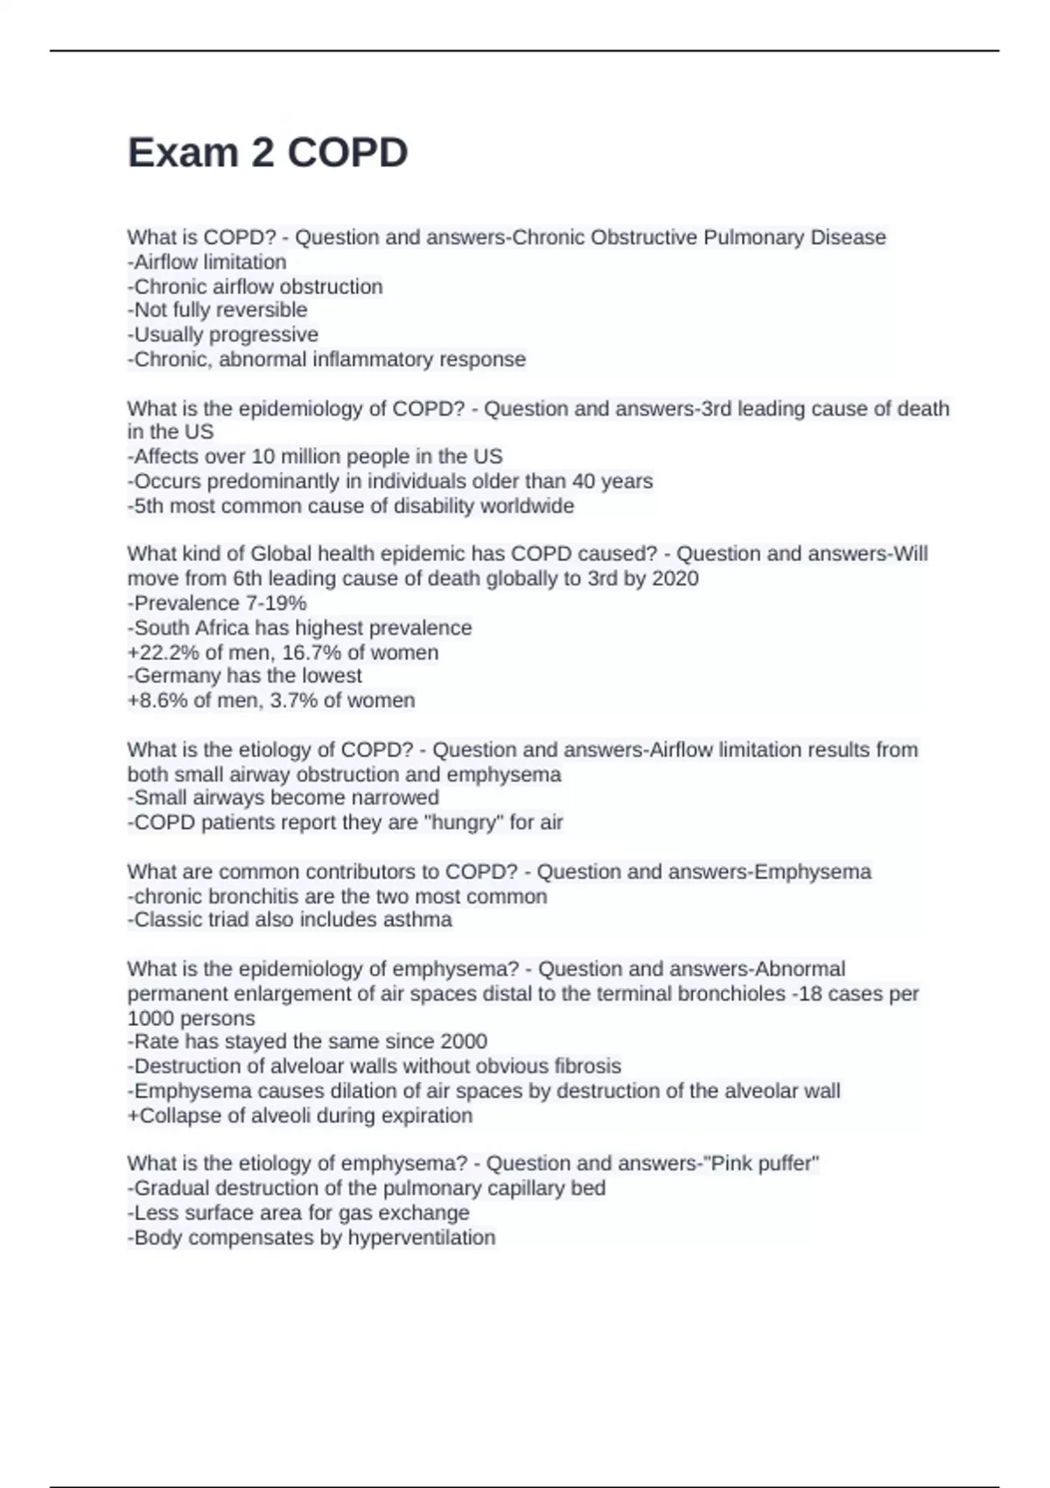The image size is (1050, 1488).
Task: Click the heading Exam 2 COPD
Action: coord(268,153)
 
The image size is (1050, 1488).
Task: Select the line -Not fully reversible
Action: coord(218,310)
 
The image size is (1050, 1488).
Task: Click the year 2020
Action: coord(675,578)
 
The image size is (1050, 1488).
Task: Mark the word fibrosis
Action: coord(588,1066)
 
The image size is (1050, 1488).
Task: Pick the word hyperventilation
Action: coord(422,1237)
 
